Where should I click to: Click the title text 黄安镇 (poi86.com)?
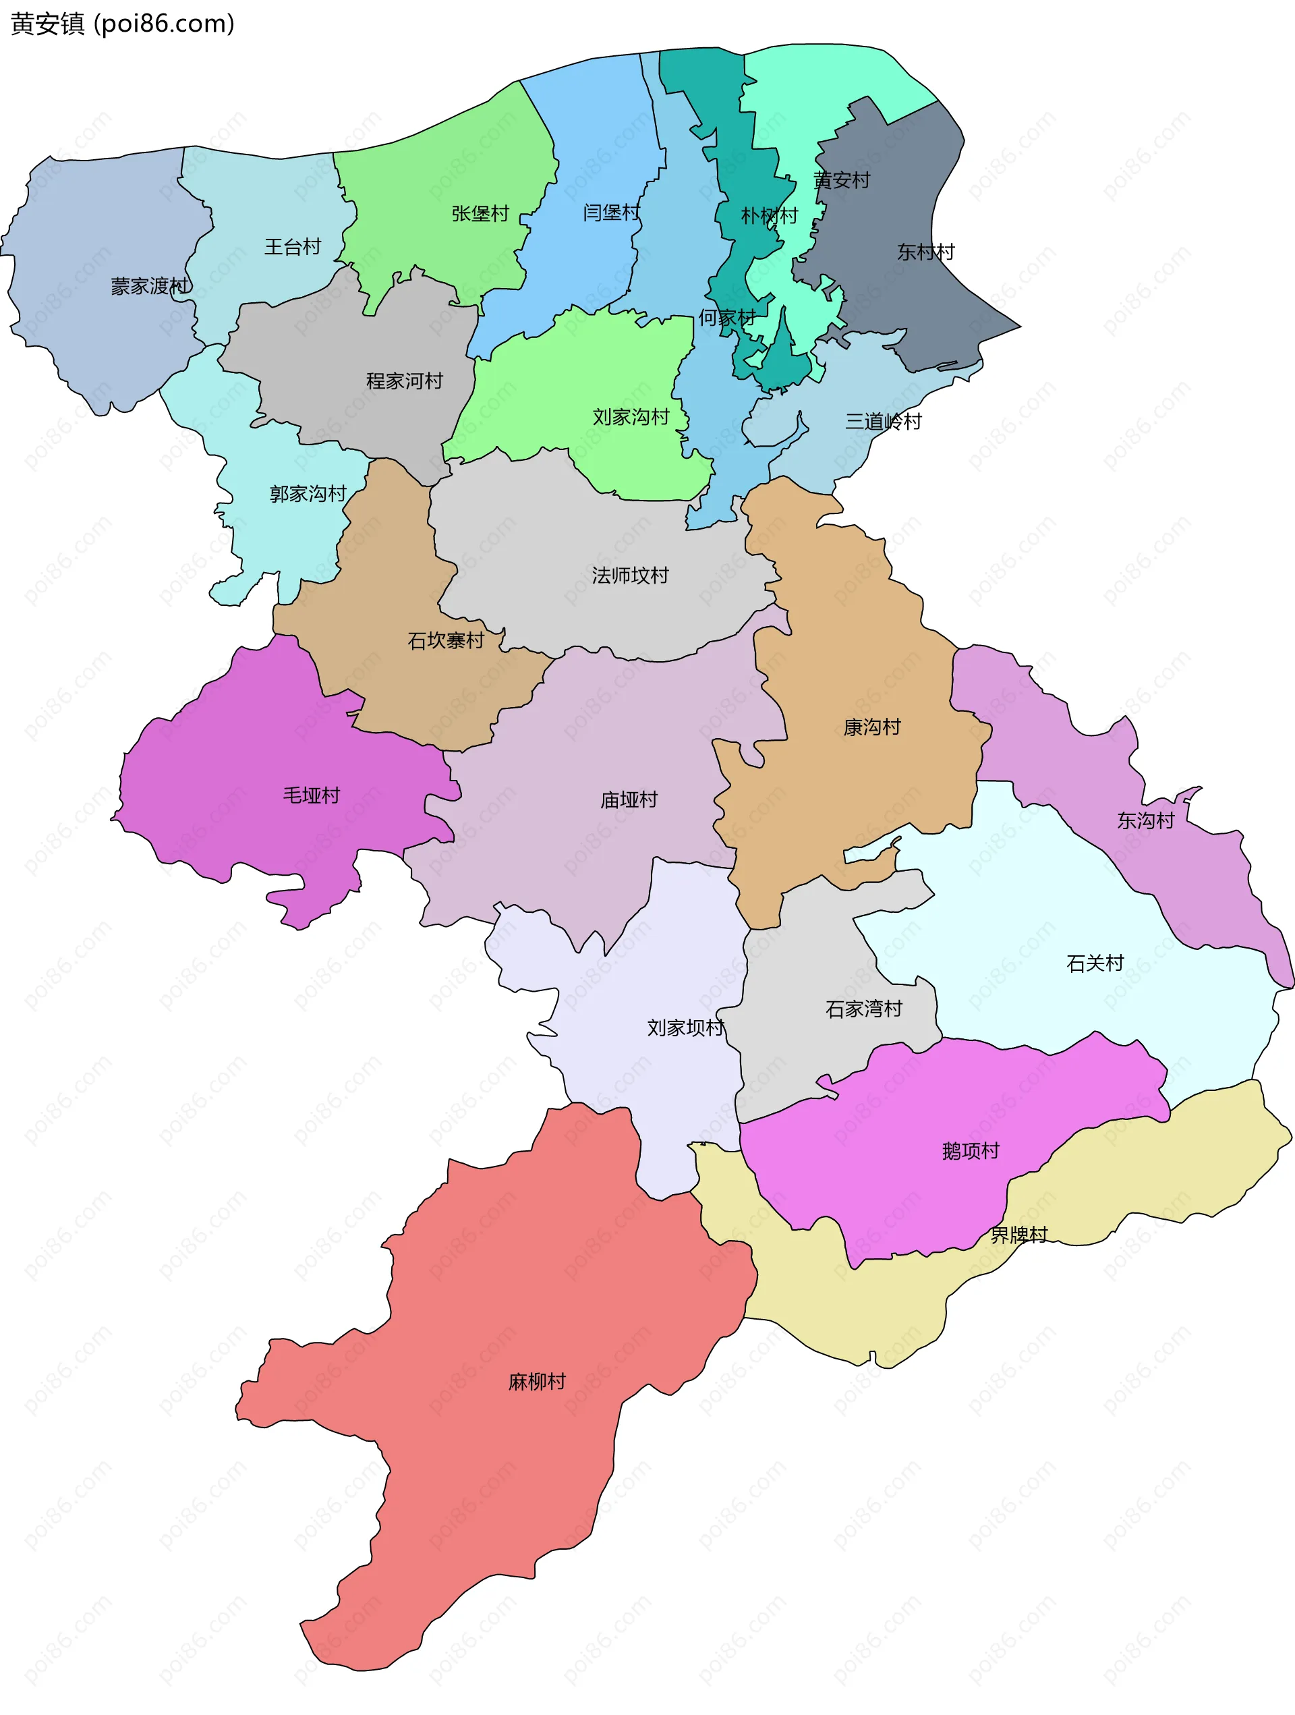tap(123, 24)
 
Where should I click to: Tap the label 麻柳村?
tap(537, 1382)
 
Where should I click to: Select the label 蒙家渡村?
tap(150, 286)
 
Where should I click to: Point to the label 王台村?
tap(293, 246)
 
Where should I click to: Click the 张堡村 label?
tap(480, 213)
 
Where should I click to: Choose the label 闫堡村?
tap(612, 212)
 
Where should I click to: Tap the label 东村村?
tap(926, 251)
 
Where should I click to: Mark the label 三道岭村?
tap(884, 421)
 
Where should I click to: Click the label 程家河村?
tap(405, 381)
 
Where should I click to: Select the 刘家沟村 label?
tap(631, 416)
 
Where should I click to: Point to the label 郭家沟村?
tap(308, 493)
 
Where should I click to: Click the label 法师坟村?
tap(630, 575)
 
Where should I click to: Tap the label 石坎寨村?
tap(446, 640)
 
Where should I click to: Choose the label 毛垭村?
tap(312, 795)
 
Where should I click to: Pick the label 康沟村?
tap(872, 727)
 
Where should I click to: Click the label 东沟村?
tap(1145, 820)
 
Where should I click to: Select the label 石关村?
tap(1095, 963)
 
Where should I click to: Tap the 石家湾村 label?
tap(864, 1009)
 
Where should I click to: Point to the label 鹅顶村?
tap(971, 1150)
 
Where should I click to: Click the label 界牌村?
tap(1018, 1235)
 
